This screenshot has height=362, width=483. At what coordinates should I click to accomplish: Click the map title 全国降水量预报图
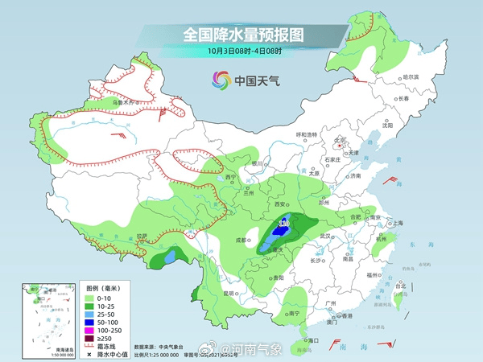[x=242, y=35]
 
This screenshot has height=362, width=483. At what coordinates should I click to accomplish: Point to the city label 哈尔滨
[x=411, y=77]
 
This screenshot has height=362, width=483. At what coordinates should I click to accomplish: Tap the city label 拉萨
[x=142, y=237]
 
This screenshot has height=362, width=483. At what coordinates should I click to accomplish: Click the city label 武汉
[x=325, y=236]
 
